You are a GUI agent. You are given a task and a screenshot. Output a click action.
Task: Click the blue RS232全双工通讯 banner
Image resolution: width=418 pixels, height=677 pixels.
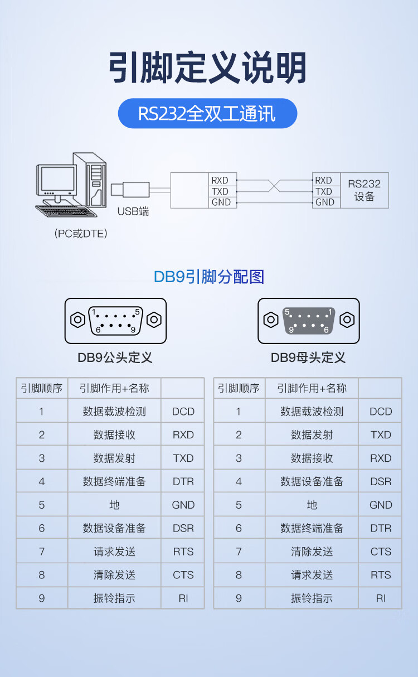coord(207,114)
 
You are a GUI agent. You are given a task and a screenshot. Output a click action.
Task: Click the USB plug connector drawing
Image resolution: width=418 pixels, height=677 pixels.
coord(130,190)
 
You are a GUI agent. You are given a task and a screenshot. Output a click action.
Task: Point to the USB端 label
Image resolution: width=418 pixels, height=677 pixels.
coord(133,211)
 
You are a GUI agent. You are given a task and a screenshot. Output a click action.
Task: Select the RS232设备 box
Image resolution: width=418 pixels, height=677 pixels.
coord(364,190)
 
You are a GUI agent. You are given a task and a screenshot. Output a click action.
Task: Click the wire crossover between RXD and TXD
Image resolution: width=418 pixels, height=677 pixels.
coord(274,186)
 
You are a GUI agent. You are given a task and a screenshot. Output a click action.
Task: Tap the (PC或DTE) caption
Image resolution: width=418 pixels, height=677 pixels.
coord(81,234)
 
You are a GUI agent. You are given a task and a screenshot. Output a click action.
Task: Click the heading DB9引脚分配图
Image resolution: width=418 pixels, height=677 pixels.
coord(208,277)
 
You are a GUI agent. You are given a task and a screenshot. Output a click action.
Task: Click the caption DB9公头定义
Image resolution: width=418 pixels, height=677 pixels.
coord(115,357)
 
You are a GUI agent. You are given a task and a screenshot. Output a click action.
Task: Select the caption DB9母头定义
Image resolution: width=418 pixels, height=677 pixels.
coord(308,357)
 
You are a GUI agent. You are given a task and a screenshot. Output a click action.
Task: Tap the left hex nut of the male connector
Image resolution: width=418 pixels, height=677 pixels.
coord(77,320)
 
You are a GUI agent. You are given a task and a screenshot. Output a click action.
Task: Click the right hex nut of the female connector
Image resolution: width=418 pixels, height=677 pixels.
coord(347,320)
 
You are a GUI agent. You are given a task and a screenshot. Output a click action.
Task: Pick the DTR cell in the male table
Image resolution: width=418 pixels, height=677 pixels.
coord(183,481)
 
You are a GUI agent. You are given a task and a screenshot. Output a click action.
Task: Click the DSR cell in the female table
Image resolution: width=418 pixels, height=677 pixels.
coord(381,481)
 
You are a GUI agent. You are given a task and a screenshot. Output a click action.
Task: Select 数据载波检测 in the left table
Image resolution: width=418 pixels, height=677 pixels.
coord(114,412)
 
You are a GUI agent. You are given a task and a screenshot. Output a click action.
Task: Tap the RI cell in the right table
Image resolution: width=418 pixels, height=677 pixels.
coord(381,598)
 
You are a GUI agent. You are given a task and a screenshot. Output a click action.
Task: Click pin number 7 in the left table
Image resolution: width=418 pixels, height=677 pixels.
coord(42,552)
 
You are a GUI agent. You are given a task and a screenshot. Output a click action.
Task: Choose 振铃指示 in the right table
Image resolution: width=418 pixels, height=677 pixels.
coord(312,598)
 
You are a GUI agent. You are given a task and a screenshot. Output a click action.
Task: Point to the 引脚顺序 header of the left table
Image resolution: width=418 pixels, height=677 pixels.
coord(42,388)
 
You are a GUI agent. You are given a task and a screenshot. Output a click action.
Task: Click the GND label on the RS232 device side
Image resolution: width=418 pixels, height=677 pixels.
coord(324,202)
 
